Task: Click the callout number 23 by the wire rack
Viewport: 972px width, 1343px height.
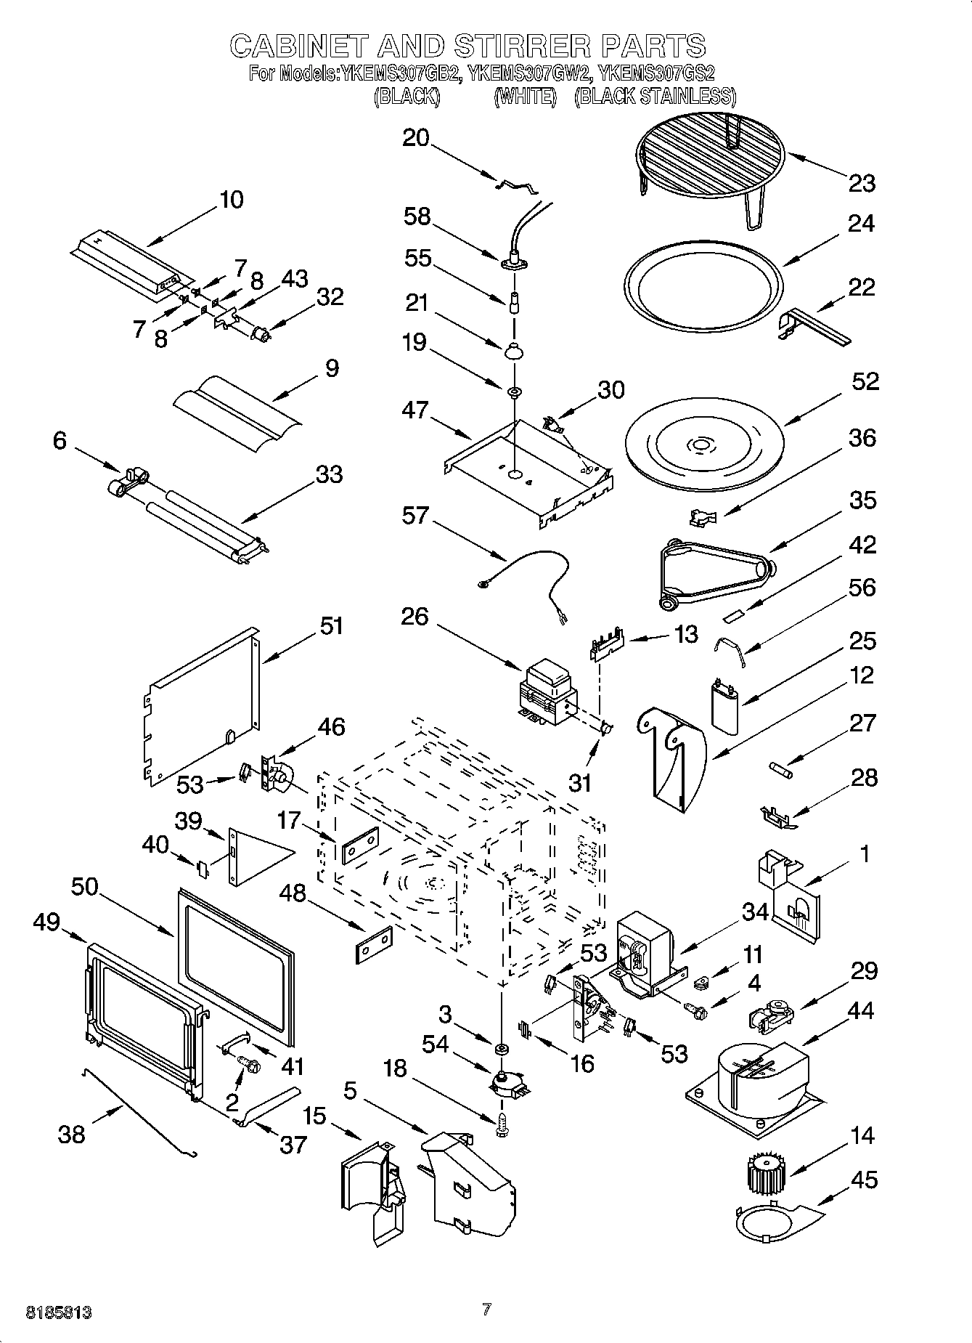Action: [x=862, y=183]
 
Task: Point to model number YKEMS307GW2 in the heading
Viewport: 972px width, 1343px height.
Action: [x=531, y=73]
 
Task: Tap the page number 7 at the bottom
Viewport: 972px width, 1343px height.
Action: [x=486, y=1310]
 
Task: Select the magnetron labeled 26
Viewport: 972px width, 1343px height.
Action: [x=546, y=692]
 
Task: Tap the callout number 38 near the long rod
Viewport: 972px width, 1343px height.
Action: [x=71, y=1135]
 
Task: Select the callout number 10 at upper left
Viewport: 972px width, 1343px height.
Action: [x=232, y=200]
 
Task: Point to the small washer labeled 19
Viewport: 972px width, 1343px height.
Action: [x=515, y=393]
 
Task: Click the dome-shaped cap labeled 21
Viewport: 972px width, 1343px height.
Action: [x=514, y=351]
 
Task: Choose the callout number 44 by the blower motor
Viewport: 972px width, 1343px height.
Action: [x=861, y=1011]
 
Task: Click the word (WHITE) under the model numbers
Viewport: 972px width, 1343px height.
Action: [x=525, y=96]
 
